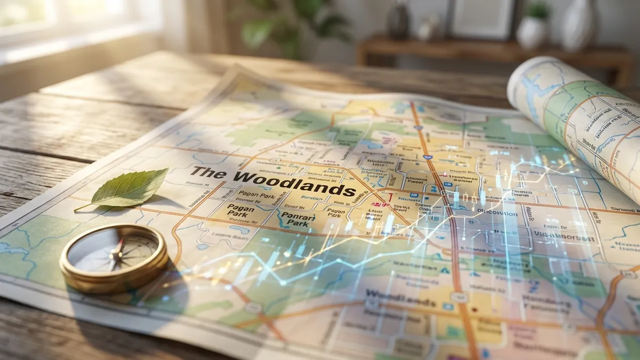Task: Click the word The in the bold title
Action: click(x=209, y=172)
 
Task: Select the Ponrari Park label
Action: click(x=298, y=219)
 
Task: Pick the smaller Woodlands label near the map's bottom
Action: click(x=394, y=295)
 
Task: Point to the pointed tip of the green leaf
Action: click(x=166, y=170)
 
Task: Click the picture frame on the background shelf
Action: click(x=483, y=19)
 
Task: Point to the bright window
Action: click(x=64, y=21)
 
